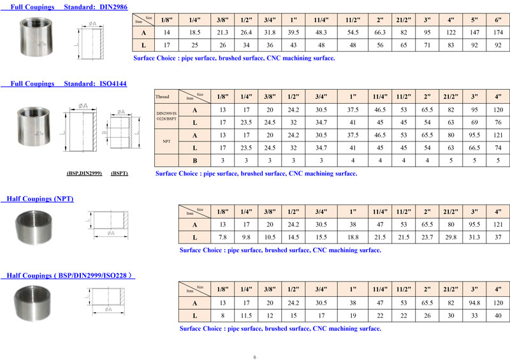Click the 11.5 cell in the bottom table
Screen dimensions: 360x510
click(x=245, y=316)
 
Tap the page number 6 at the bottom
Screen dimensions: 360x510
click(x=254, y=357)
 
